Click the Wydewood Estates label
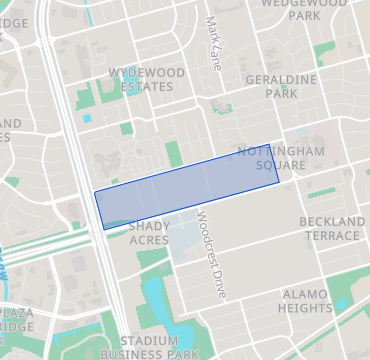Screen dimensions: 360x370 click(139, 79)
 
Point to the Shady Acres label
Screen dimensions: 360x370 click(149, 233)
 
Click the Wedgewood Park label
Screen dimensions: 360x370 click(304, 9)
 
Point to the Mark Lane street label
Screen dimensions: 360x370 click(213, 42)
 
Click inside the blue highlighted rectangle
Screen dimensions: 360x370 click(187, 191)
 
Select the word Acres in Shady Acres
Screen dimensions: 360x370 click(149, 240)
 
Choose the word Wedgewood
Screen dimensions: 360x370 click(304, 3)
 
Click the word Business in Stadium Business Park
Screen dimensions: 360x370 click(126, 354)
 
